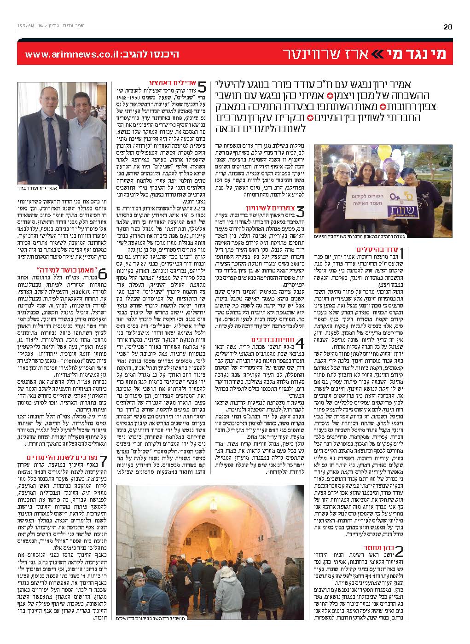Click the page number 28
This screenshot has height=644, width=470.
click(x=447, y=27)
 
